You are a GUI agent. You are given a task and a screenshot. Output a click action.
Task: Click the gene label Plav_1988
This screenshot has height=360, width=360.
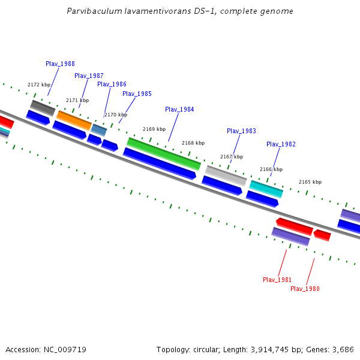(x=60, y=64)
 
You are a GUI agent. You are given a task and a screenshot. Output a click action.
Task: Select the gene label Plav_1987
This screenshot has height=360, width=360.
(x=89, y=76)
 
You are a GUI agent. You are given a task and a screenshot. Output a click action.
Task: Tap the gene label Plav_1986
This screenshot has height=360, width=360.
(x=112, y=85)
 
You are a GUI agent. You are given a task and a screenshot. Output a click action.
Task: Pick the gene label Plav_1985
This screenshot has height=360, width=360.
(x=137, y=94)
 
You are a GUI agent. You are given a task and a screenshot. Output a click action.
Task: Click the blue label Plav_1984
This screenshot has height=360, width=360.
(x=179, y=109)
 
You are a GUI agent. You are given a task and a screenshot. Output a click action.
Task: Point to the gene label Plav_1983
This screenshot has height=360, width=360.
(x=241, y=131)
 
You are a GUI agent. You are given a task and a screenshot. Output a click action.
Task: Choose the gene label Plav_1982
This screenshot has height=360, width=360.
(x=281, y=144)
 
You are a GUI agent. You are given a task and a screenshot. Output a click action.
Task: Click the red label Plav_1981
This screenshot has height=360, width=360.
(x=277, y=280)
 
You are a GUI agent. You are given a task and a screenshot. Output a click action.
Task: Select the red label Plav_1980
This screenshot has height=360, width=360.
(x=305, y=289)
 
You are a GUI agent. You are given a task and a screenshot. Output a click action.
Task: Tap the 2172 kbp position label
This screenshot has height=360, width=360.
(x=39, y=85)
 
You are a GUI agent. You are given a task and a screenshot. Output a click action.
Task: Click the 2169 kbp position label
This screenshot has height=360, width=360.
(x=154, y=129)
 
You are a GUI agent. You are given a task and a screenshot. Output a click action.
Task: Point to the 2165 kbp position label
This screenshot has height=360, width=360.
(x=310, y=182)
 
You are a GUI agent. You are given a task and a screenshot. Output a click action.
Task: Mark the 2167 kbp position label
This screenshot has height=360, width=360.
(x=232, y=157)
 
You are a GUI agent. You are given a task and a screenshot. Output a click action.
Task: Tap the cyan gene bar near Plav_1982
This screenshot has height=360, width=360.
(x=266, y=188)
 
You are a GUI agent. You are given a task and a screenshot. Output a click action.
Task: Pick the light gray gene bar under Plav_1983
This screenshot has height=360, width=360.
(x=226, y=175)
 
